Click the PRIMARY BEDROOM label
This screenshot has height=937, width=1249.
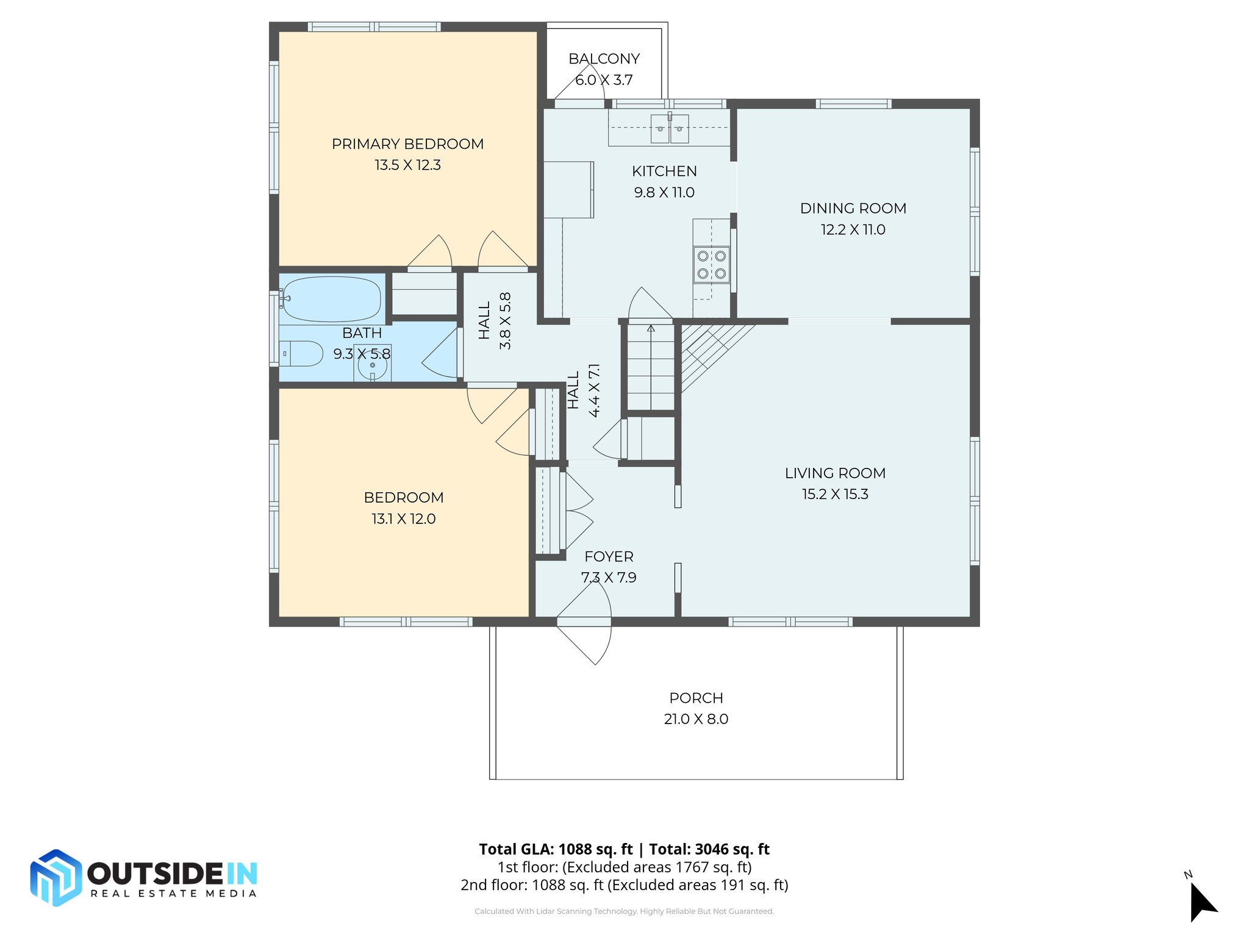pos(407,144)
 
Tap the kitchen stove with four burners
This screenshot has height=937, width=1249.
pos(711,265)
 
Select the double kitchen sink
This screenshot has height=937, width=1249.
pos(669,128)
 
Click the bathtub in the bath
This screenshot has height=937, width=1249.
pos(331,299)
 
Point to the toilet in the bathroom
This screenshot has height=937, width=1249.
pos(303,353)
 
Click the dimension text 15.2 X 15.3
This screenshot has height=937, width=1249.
pos(835,494)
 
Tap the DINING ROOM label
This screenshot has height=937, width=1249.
pos(853,209)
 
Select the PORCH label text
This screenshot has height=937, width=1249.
pos(696,698)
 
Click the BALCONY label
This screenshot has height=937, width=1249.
pos(604,59)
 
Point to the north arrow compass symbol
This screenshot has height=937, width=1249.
pos(1202,900)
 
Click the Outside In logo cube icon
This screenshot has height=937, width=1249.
pos(55,877)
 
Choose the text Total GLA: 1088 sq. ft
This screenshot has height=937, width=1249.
pos(556,849)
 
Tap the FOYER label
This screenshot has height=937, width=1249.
pos(609,556)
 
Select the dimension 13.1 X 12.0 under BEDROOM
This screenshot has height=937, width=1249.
pos(403,519)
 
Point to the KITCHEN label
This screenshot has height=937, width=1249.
pos(664,171)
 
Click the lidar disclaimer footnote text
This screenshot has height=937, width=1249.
pos(624,911)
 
